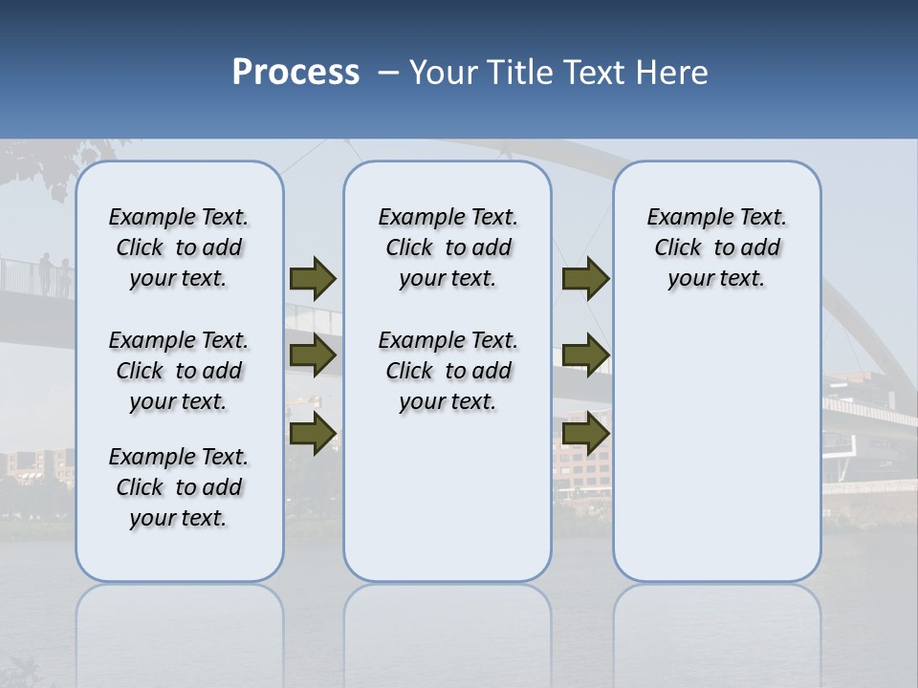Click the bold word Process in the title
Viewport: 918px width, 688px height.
295,72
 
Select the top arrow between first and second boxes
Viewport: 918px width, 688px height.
313,278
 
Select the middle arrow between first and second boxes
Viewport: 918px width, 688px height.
313,355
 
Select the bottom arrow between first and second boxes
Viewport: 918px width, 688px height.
313,434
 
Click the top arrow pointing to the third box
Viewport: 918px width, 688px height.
585,278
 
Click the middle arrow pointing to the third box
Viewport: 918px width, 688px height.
585,355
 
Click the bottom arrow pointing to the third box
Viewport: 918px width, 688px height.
585,434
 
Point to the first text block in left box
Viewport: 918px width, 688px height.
179,247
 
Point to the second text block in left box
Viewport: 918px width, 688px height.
179,371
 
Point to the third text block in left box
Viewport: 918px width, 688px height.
179,487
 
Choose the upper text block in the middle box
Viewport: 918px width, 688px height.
448,247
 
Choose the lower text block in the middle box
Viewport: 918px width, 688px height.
448,371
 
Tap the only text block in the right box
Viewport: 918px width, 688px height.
717,247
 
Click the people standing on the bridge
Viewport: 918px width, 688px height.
54,275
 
